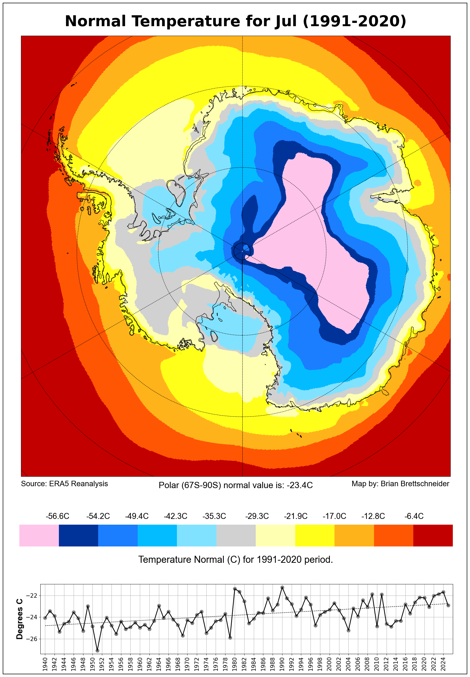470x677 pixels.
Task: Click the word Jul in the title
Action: pyautogui.click(x=285, y=22)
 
